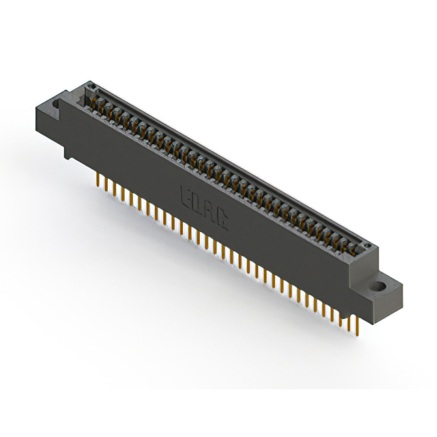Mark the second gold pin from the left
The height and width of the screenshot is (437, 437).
tap(103, 182)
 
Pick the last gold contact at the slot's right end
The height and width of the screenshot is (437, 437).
tap(356, 244)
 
